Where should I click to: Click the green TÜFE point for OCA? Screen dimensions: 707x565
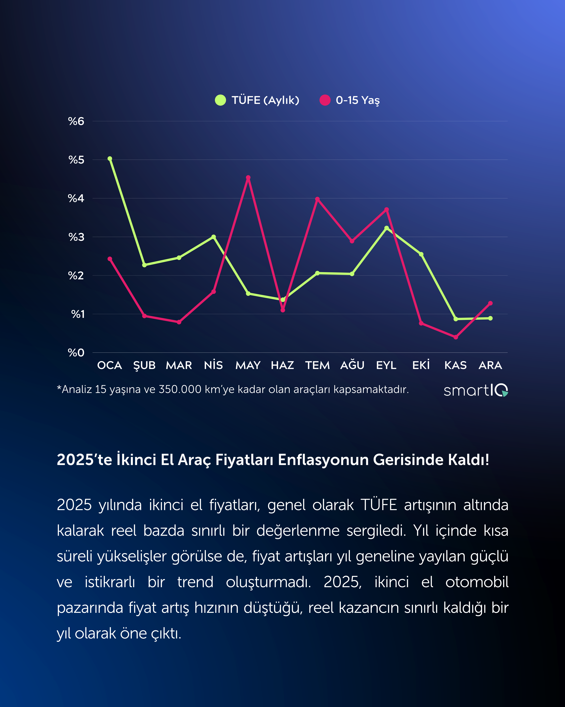110,159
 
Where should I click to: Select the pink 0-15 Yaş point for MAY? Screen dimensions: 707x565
248,178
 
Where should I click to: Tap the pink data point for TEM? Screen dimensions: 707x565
317,199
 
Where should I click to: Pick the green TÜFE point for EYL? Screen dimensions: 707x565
387,228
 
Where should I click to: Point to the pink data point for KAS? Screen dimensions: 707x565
456,337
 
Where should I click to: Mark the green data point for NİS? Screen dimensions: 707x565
214,237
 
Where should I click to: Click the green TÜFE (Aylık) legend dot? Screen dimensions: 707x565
220,100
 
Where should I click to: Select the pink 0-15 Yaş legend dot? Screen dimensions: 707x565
325,100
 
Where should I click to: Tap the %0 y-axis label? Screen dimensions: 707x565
76,353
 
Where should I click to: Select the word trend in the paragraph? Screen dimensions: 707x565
195,582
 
